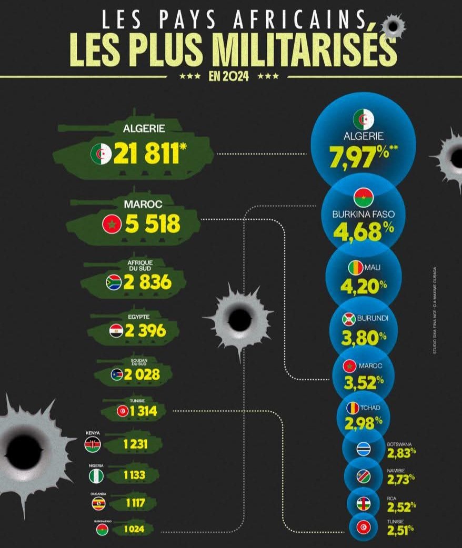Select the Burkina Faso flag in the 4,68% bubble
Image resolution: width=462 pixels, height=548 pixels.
point(361,199)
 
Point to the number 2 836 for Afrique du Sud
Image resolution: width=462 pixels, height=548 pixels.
point(147,282)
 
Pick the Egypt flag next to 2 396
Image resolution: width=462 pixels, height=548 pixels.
point(116,331)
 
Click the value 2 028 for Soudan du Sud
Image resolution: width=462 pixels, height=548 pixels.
point(139,374)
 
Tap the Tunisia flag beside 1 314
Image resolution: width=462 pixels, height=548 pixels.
point(122,411)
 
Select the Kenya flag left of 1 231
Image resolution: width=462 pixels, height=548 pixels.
point(92,445)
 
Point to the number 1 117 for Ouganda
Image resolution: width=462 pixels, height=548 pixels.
point(135,503)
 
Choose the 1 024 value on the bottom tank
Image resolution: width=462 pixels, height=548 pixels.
point(134,529)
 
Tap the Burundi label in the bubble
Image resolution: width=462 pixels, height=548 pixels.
point(373,319)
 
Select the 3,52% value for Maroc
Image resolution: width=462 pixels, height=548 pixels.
point(362,379)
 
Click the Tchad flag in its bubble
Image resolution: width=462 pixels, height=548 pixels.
point(352,408)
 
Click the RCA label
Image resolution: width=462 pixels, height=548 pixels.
point(393,498)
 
